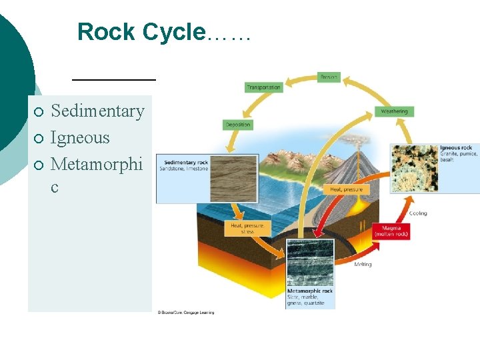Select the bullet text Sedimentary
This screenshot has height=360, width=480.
click(97, 111)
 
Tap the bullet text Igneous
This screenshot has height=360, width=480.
click(80, 137)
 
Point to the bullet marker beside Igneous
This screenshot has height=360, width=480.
click(40, 138)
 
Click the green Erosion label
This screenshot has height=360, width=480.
click(329, 77)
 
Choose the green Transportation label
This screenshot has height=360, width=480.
click(263, 87)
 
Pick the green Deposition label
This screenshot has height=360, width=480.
click(238, 125)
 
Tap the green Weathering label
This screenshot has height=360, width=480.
click(394, 111)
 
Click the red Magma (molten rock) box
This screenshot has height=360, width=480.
click(391, 231)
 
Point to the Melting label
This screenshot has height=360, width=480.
click(363, 265)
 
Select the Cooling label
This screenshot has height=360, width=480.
click(418, 213)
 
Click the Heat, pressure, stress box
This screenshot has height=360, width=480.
click(247, 228)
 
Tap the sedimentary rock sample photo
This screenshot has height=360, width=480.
click(233, 179)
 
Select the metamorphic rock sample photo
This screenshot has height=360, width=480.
click(310, 263)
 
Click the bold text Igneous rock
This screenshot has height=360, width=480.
click(456, 147)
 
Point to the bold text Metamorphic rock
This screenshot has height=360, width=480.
click(310, 291)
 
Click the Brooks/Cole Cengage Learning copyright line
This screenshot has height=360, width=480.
click(185, 312)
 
